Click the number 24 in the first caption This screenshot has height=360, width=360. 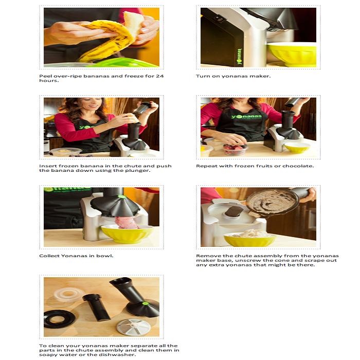159,76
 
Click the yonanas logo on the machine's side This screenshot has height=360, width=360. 240,57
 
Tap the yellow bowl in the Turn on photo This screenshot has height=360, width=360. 292,55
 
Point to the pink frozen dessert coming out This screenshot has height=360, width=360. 127,222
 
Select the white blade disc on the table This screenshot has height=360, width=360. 134,328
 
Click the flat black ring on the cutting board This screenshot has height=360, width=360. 59,319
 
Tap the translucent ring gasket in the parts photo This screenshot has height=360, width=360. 67,294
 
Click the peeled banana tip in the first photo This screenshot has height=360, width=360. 133,22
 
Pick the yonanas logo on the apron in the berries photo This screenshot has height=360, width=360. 246,117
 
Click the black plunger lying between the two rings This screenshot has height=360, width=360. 97,307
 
